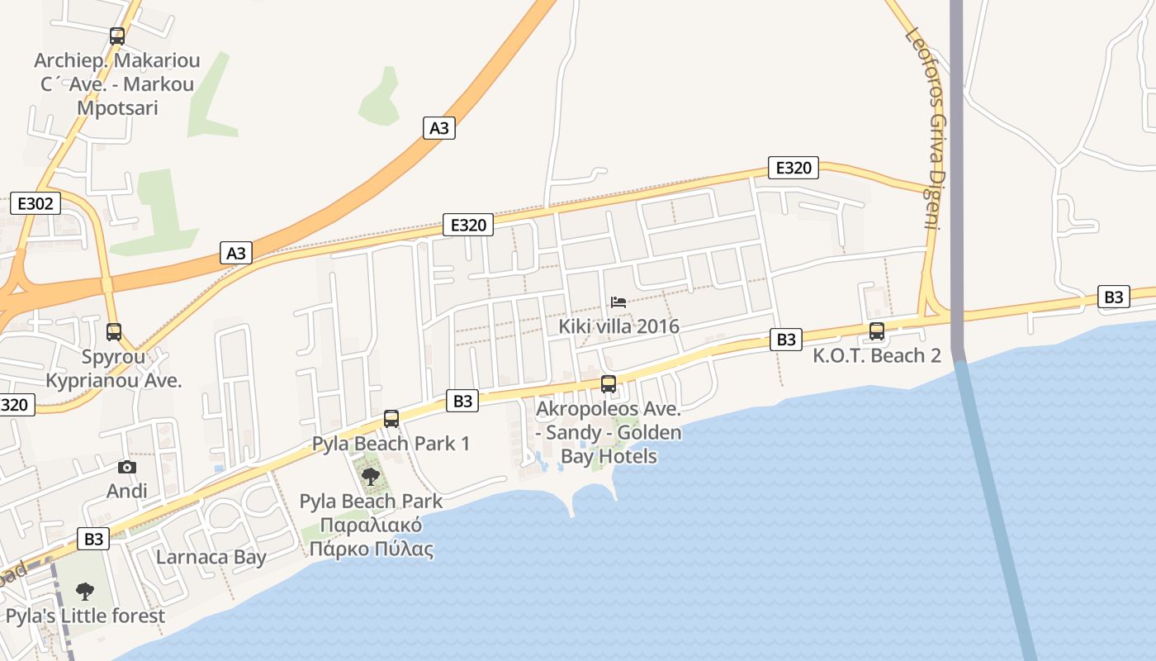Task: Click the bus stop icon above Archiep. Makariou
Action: click(117, 36)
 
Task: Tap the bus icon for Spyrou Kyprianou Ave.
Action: click(114, 332)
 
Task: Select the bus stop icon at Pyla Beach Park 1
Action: click(391, 419)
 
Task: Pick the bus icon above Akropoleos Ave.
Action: click(609, 384)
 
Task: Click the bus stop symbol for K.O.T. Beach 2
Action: click(877, 331)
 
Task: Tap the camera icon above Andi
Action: click(127, 468)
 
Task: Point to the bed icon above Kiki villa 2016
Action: click(618, 302)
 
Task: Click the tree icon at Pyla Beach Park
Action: click(371, 476)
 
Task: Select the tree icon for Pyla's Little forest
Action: click(84, 592)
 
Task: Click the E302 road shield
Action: click(36, 203)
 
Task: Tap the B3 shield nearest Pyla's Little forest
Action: click(94, 539)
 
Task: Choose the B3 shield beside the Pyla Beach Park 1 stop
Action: click(463, 401)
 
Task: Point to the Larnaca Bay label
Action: click(211, 557)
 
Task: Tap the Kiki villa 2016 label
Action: click(618, 326)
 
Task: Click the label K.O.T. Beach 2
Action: click(877, 356)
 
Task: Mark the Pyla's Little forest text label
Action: click(85, 616)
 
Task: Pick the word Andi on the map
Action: click(127, 491)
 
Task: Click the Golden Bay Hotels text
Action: click(609, 445)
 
